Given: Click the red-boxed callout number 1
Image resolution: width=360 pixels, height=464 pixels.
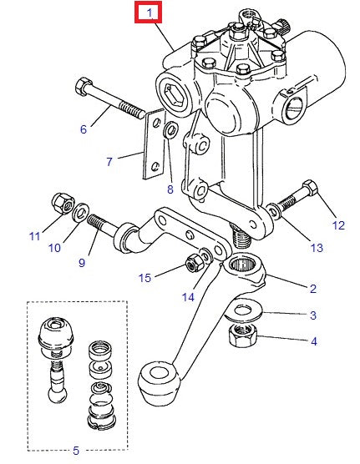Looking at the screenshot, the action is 150,13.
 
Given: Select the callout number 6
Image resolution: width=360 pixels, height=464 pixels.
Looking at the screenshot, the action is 84,129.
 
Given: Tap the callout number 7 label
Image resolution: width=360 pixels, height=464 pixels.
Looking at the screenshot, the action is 109,162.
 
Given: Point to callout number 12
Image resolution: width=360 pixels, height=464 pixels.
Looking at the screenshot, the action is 338,225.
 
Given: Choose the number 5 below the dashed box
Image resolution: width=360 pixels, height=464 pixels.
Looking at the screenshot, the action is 76,451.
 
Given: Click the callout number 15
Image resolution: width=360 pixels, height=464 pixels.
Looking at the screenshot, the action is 145,278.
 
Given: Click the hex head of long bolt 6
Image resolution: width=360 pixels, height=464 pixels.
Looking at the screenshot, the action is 84,86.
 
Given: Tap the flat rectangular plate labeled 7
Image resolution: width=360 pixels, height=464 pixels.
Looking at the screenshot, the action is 154,144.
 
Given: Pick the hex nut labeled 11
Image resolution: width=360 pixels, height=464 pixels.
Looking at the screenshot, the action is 63,204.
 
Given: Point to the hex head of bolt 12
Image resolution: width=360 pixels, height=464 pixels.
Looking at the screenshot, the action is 310,189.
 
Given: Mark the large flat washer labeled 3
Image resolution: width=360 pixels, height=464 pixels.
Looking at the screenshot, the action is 243,312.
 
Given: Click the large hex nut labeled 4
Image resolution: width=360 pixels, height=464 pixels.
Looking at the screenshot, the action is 242,335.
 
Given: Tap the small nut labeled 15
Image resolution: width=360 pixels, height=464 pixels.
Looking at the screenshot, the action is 195,263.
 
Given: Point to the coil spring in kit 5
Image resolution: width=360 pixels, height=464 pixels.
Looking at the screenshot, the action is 100,390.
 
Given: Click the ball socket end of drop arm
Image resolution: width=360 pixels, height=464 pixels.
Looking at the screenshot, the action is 159,382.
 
